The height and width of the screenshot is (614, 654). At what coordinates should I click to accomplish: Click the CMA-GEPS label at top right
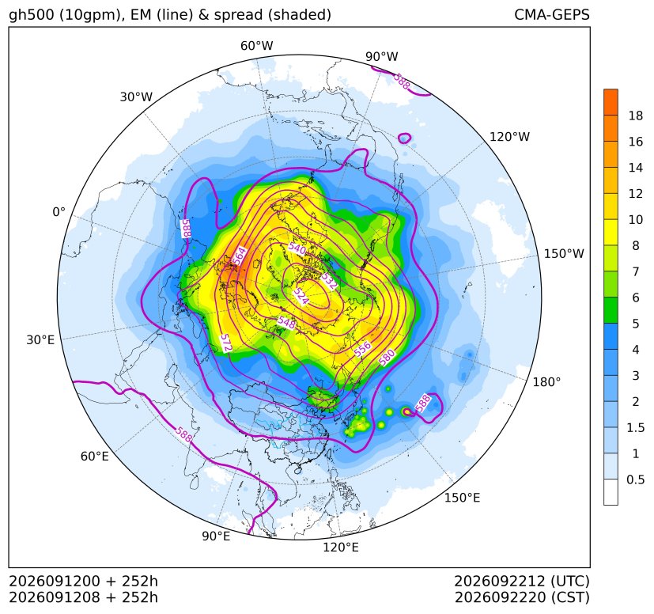point(552,14)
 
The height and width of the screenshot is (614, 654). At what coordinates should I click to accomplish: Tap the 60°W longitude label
point(256,46)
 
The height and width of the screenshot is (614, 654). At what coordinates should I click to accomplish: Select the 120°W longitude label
point(509,137)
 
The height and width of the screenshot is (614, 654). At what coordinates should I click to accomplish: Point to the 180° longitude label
point(546,382)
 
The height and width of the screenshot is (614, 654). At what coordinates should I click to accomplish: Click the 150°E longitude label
point(462,498)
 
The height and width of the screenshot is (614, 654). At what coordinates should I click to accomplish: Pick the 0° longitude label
point(59,212)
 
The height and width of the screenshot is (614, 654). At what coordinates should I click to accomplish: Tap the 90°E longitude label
point(216,536)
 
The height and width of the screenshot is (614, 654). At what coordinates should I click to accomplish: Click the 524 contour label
point(301,296)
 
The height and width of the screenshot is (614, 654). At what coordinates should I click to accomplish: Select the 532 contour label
point(329,282)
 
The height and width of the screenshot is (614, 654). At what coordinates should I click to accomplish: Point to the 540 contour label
point(297,248)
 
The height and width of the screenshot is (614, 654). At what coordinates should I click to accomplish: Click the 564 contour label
point(240,256)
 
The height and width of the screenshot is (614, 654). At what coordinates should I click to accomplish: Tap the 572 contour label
point(225,343)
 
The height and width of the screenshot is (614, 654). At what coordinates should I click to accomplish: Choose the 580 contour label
point(387,358)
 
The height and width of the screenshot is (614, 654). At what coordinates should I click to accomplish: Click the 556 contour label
point(362,348)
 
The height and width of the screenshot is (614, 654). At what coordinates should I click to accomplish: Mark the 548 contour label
point(286,322)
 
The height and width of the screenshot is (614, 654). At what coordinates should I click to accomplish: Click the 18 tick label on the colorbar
point(636,116)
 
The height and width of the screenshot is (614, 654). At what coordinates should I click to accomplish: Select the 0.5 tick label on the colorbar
point(636,479)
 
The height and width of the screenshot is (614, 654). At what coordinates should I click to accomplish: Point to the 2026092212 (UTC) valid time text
point(521,581)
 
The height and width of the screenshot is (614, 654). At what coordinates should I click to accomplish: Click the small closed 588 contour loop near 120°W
point(405,138)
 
